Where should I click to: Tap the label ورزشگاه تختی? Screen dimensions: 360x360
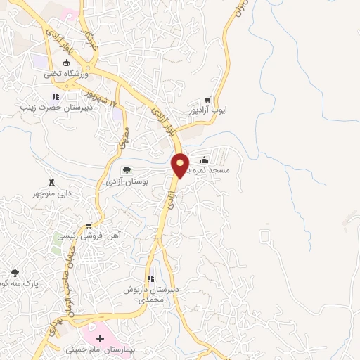pyautogui.click(x=68, y=74)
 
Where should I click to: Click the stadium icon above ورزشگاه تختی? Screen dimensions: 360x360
pyautogui.click(x=67, y=63)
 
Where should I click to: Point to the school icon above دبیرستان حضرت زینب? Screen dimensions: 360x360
pyautogui.click(x=55, y=97)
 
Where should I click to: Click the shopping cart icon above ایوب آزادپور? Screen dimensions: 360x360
pyautogui.click(x=207, y=101)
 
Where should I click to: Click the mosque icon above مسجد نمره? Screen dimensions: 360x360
pyautogui.click(x=205, y=159)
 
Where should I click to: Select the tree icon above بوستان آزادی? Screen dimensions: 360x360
pyautogui.click(x=127, y=170)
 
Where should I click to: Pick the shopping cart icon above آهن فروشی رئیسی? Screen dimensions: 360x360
pyautogui.click(x=88, y=226)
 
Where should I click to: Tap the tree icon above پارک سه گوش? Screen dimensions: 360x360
pyautogui.click(x=15, y=273)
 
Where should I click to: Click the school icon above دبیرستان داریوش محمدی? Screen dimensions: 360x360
pyautogui.click(x=150, y=278)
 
